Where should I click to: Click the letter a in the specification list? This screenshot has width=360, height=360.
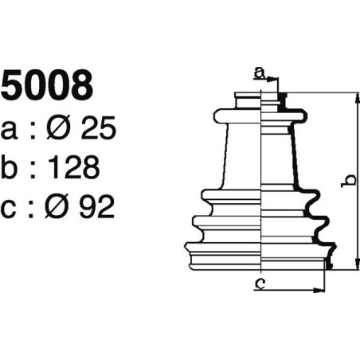[x=11, y=129]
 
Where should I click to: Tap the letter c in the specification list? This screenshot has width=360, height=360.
[x=11, y=208]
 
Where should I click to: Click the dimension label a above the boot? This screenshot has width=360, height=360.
[x=259, y=73]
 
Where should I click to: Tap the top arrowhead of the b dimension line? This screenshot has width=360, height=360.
[x=356, y=96]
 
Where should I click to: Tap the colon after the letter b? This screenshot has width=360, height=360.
[x=35, y=168]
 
